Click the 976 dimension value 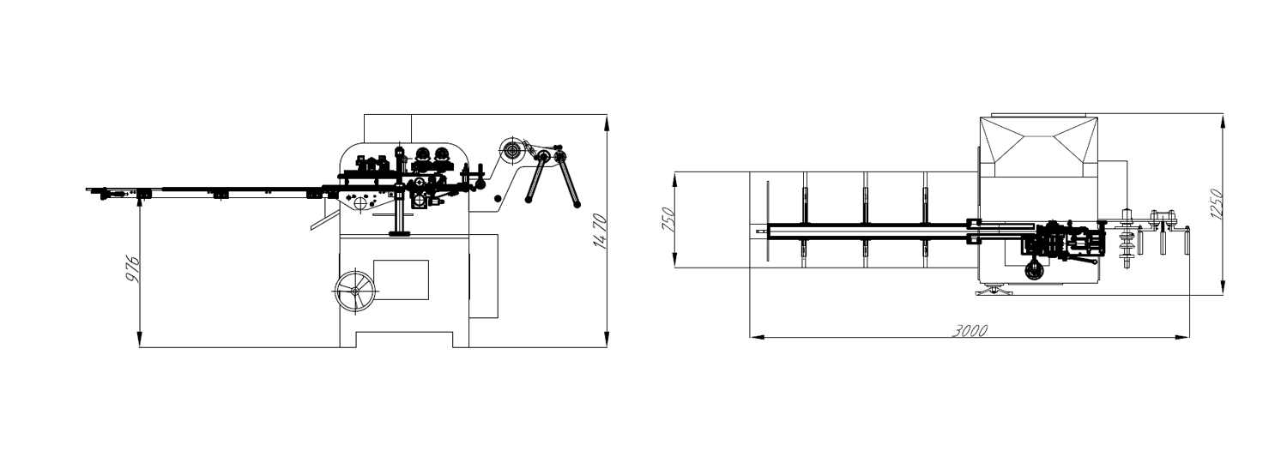(x=133, y=269)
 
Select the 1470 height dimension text (x=599, y=231)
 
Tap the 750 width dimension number (x=669, y=219)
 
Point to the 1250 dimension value (x=1217, y=203)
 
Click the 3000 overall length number (x=970, y=331)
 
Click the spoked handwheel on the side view (x=355, y=291)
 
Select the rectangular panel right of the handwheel (x=401, y=280)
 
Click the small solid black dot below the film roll (x=498, y=200)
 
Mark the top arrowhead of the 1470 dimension (x=607, y=121)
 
